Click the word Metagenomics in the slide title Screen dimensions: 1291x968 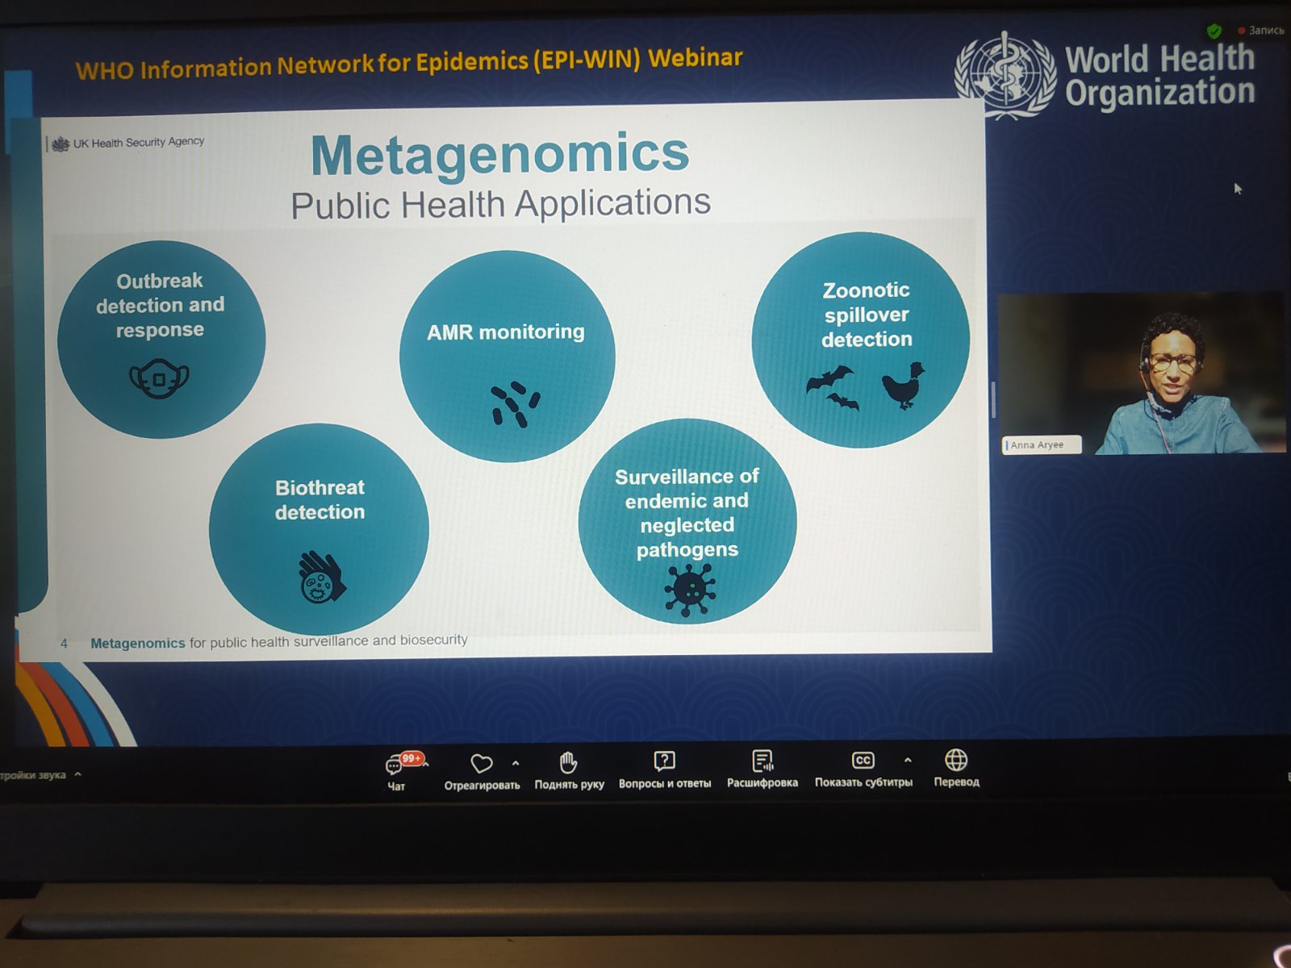click(500, 154)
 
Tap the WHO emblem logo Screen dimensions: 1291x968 click(1005, 75)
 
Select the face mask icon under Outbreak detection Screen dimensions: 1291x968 click(160, 378)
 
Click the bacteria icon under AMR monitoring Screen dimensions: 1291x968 click(516, 404)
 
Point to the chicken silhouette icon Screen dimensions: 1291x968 click(904, 386)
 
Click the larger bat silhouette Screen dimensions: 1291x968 click(830, 378)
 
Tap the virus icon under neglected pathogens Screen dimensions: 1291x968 click(690, 590)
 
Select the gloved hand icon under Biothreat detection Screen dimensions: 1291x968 click(321, 577)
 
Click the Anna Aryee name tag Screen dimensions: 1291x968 click(1042, 445)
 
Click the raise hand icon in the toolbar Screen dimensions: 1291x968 click(568, 762)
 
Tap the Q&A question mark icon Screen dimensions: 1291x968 click(664, 761)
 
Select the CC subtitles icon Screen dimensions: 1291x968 click(863, 760)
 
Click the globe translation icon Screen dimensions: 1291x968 click(956, 759)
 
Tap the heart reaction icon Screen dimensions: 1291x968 click(482, 763)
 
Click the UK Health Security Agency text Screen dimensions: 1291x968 click(139, 142)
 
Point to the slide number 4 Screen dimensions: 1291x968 click(64, 645)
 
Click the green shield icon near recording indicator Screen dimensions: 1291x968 click(1214, 31)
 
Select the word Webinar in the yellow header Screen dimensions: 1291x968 click(696, 58)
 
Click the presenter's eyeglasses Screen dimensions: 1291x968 click(1173, 363)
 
